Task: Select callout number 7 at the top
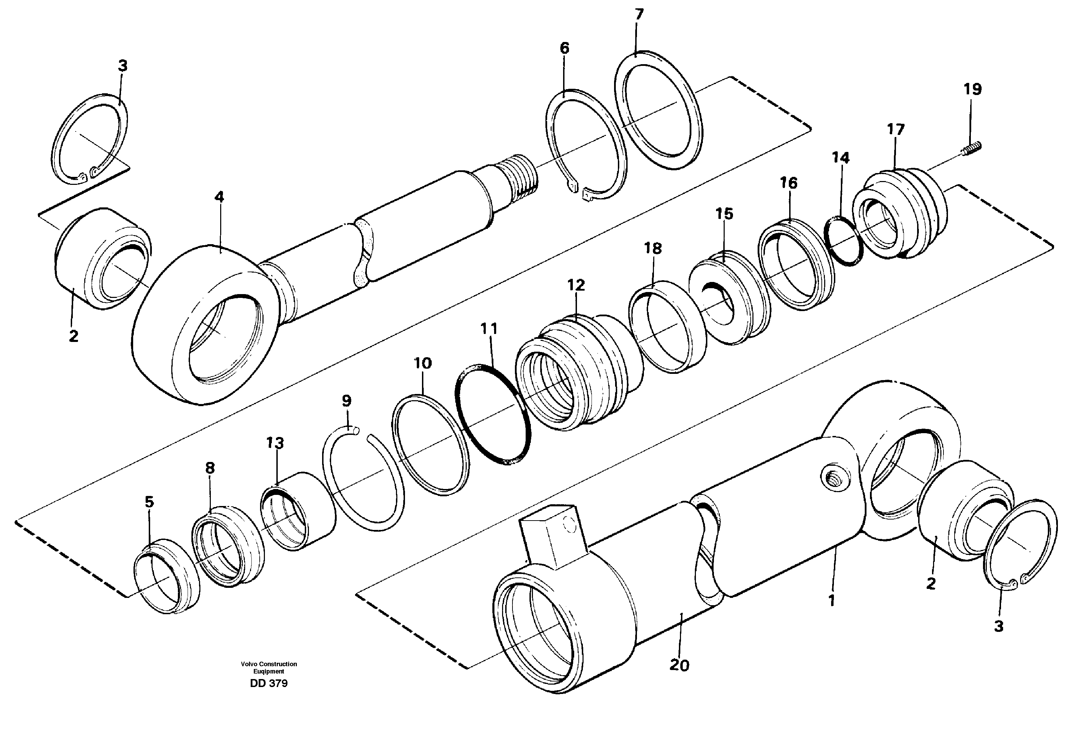coord(639,15)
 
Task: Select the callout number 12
coord(576,285)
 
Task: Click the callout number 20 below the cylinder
coord(679,665)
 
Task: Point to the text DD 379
coord(269,684)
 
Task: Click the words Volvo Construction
coord(269,664)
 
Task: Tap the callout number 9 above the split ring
coord(346,401)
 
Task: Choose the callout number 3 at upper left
coord(122,66)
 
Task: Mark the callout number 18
coord(653,248)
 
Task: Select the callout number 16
coord(789,183)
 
